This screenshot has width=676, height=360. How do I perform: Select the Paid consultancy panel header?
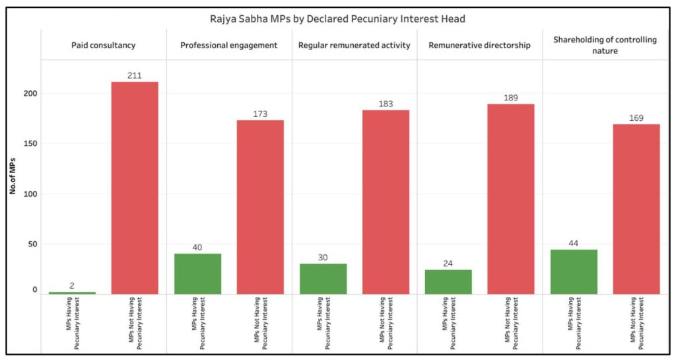click(x=103, y=45)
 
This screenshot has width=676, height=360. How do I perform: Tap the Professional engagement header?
click(x=228, y=45)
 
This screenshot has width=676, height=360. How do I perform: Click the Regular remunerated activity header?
click(x=354, y=45)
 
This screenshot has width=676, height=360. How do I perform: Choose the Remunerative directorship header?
click(x=479, y=45)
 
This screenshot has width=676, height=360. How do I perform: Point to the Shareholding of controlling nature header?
click(x=605, y=45)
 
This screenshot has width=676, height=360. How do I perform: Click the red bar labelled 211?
click(x=135, y=188)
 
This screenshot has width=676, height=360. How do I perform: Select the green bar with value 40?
click(x=197, y=273)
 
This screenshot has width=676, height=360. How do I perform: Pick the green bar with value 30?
click(x=323, y=279)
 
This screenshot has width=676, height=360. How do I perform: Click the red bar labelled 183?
click(x=386, y=202)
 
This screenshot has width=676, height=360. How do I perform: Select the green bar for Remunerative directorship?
click(x=448, y=281)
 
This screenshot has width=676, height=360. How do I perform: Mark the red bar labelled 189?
click(x=511, y=199)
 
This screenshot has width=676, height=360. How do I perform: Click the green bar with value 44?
click(x=574, y=271)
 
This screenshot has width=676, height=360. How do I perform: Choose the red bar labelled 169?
click(x=636, y=209)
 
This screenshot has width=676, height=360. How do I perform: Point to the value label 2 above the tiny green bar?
click(x=71, y=286)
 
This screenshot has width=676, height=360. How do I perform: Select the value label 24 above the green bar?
click(x=448, y=264)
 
